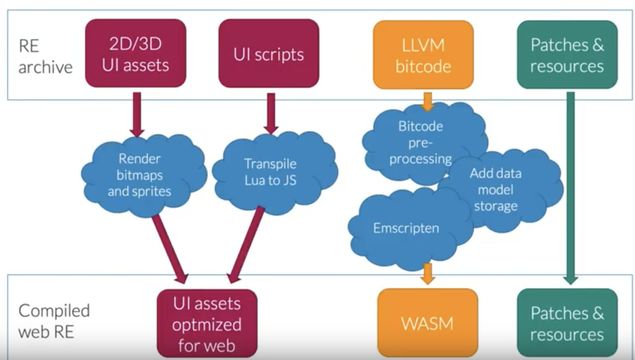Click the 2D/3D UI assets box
point(135,53)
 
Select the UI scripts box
point(269,53)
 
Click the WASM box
point(428,323)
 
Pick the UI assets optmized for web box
point(207,323)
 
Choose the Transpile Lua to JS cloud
point(271,172)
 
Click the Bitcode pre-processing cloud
point(420,143)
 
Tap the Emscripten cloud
point(406,228)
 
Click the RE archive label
point(45,56)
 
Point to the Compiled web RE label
point(54,321)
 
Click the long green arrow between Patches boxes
point(571,187)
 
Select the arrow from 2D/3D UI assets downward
point(137,114)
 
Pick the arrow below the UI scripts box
point(271,113)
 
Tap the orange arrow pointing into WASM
point(428,273)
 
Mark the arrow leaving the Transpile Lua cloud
point(246,245)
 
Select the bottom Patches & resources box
point(567,323)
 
